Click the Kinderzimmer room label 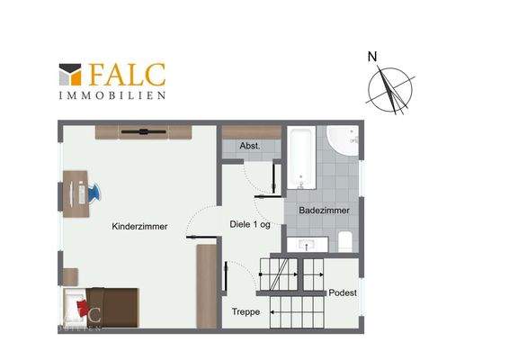(x=139, y=228)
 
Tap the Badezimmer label (x=324, y=211)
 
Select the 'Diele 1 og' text (x=250, y=224)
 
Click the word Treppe (x=246, y=311)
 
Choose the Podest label (x=343, y=292)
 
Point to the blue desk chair (x=93, y=192)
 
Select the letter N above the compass (x=371, y=58)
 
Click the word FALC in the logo (x=126, y=73)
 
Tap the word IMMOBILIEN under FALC (x=112, y=94)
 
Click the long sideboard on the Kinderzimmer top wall (x=143, y=132)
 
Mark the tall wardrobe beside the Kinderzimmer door (x=207, y=285)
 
